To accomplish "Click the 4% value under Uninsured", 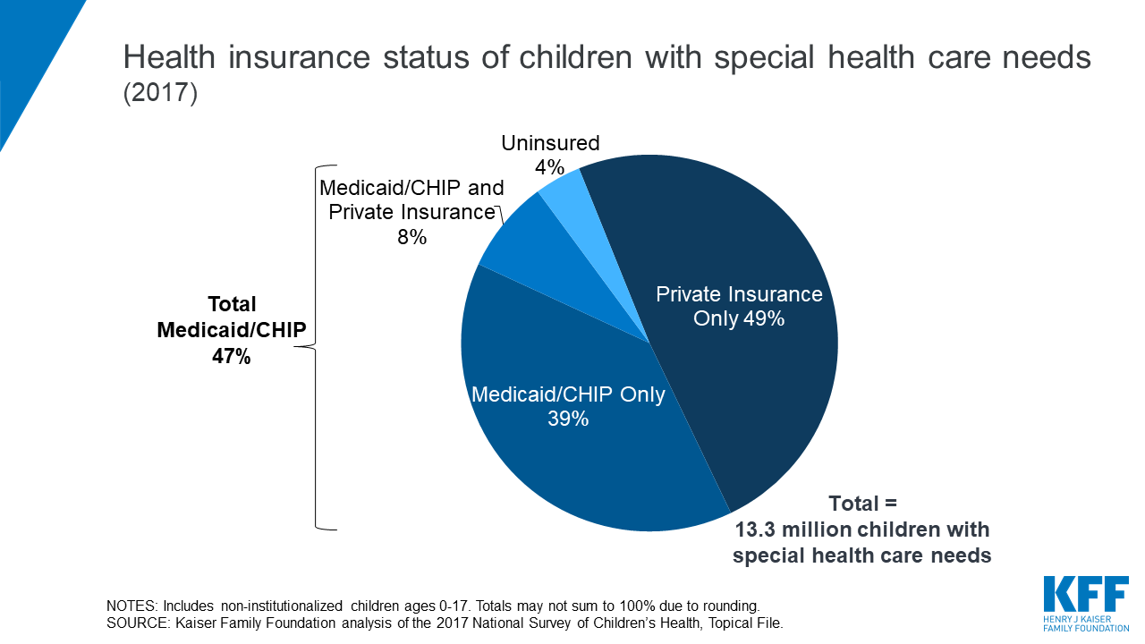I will pos(549,167).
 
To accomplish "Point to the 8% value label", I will pos(411,237).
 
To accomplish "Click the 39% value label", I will pos(568,418).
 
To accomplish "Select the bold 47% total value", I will pos(232,356).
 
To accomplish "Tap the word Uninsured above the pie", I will pos(550,143).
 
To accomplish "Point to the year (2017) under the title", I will pos(159,94).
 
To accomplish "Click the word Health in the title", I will pos(170,57).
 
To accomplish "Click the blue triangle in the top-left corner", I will pos(31,45).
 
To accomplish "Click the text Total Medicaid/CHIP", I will pos(232,317).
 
